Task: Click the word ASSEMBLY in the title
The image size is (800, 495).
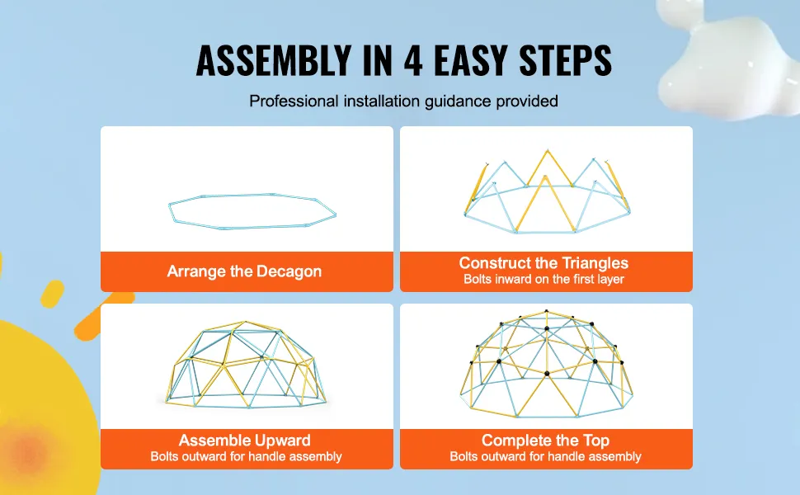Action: pos(274,60)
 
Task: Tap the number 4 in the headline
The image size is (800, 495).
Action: pos(413,60)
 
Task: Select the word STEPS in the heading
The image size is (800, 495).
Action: pos(565,60)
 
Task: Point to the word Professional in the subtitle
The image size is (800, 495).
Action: pos(294,101)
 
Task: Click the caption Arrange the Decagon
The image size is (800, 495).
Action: pos(244,271)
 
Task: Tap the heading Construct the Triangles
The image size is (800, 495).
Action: pos(544,263)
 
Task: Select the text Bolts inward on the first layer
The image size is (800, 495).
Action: pos(544,279)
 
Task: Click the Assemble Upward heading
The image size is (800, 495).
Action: pos(244,441)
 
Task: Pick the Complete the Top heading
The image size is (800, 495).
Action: pos(545,441)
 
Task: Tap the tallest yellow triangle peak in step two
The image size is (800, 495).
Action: pos(548,151)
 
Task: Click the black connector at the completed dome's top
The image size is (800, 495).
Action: pos(547,311)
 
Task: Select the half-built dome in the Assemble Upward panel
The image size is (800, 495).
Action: pos(246,365)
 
